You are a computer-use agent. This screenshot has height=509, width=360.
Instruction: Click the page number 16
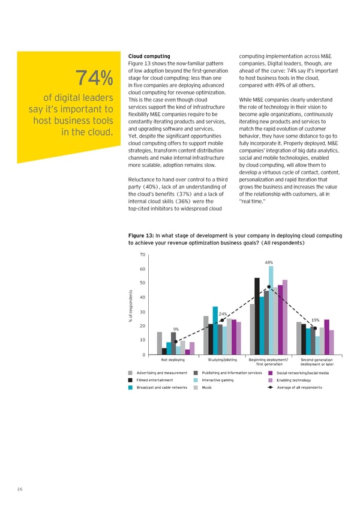(20, 490)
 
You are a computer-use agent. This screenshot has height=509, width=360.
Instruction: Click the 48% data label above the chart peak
(269, 262)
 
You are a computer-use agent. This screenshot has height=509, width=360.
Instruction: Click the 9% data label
(176, 328)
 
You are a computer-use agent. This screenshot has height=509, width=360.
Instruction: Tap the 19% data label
(315, 320)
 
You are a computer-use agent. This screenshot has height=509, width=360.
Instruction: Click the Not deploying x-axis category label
(173, 360)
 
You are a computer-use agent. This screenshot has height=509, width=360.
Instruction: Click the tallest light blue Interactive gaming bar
(271, 310)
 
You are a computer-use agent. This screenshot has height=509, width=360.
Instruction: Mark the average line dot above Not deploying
(176, 342)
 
